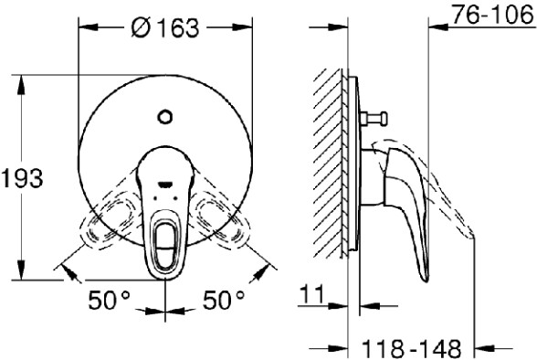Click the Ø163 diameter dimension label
pos(164,27)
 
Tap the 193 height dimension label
pos(22,178)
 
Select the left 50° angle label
pos(110,300)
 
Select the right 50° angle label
pos(224,300)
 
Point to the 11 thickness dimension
pos(311,294)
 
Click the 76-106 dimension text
pos(493,15)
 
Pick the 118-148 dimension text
pos(411,348)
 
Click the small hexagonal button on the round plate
pos(164,116)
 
